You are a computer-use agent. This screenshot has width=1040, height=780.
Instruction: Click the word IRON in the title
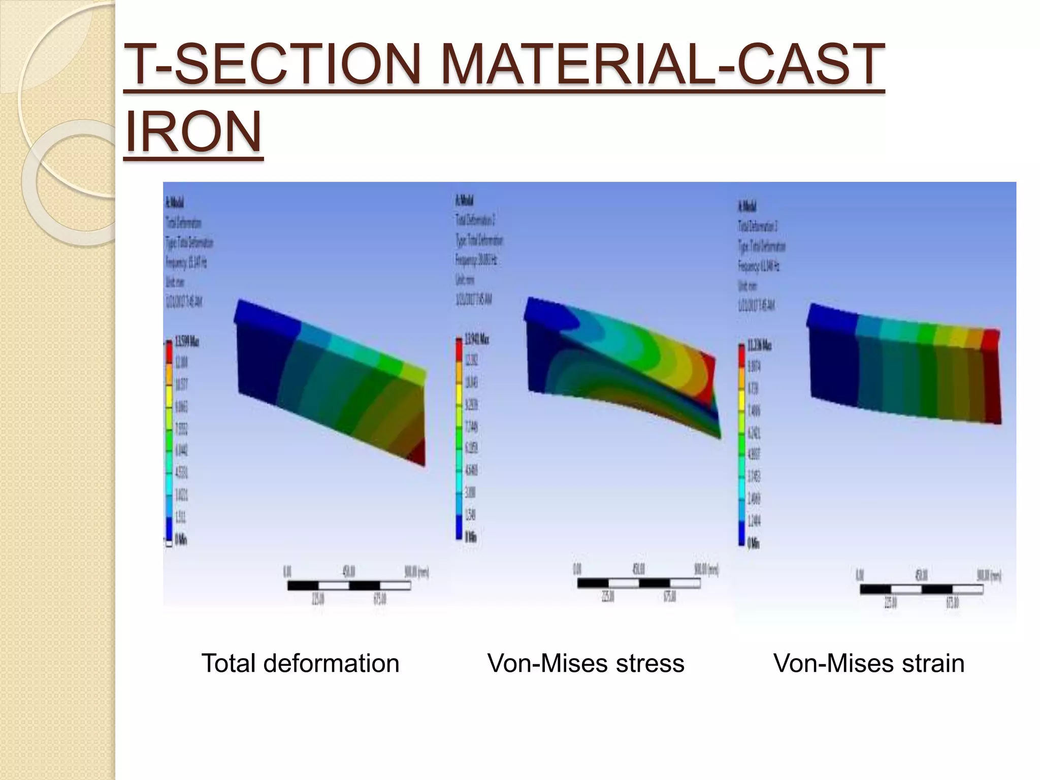point(193,132)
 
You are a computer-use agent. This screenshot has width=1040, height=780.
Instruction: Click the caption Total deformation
point(300,663)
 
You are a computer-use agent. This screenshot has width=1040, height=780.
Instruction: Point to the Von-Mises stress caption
point(586,663)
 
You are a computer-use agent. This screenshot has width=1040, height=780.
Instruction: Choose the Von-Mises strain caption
point(868,663)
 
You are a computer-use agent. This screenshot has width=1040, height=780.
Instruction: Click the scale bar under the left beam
point(349,586)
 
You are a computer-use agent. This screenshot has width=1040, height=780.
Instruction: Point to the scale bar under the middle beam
point(638,583)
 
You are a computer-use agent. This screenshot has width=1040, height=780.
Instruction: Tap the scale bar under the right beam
point(921,590)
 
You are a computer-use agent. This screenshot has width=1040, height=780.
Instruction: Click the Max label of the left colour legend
point(186,341)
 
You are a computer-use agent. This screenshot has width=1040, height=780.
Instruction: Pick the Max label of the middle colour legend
point(477,339)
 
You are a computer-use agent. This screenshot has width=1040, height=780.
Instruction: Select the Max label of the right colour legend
point(759,346)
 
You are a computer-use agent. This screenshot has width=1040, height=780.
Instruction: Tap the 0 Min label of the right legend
point(753,543)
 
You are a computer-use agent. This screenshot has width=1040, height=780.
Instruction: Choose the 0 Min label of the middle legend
point(471,536)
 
